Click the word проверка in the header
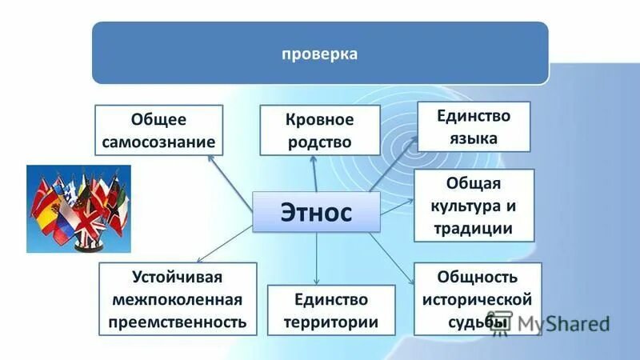(x=320, y=54)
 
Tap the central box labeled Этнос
(x=315, y=212)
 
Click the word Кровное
(x=319, y=120)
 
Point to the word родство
(x=319, y=142)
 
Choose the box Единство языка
(x=474, y=126)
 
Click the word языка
(x=474, y=138)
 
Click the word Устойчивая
(x=178, y=278)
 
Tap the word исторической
(x=478, y=299)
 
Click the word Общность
(x=478, y=278)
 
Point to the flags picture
(x=78, y=209)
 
